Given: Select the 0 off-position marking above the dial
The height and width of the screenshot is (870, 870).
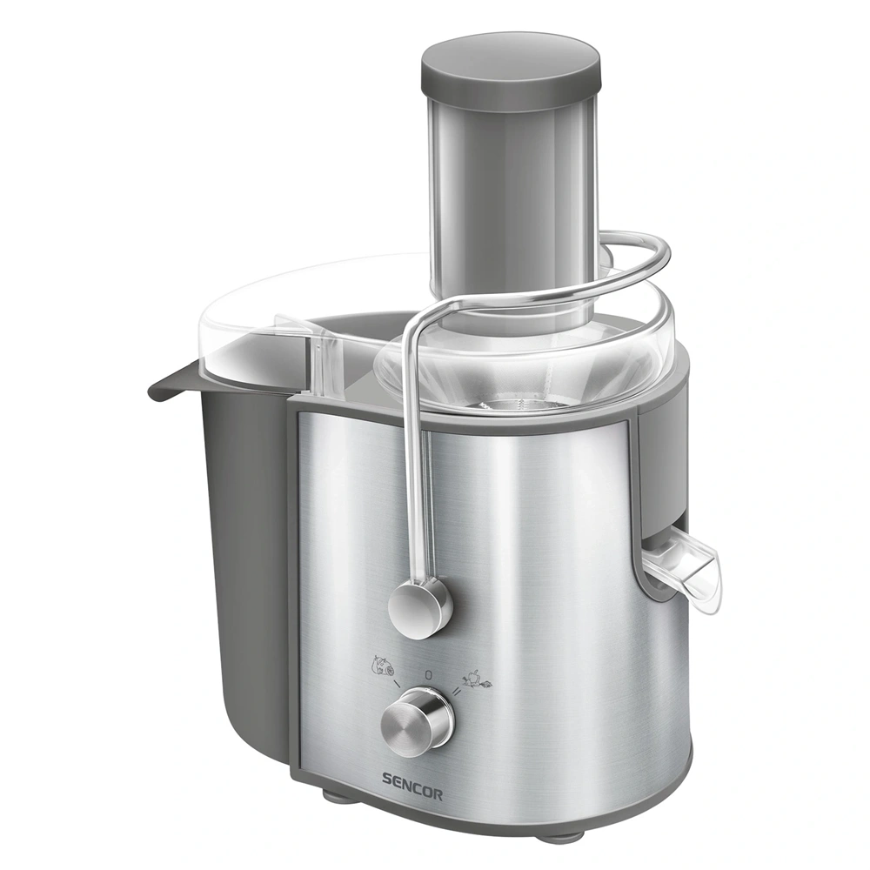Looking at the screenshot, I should pos(428,673).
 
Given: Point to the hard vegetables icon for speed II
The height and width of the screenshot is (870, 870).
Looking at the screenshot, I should pos(477,677).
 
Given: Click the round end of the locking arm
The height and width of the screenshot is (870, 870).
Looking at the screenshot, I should pos(419,606).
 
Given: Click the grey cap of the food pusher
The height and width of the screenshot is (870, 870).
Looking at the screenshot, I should pos(511,65).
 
